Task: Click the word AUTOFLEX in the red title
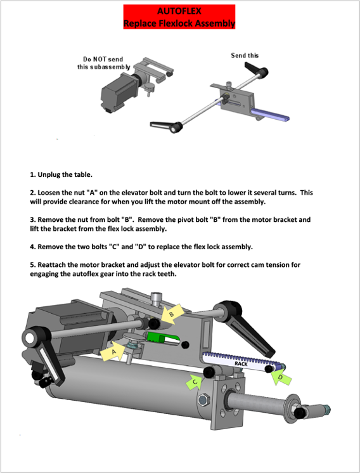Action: coord(179,11)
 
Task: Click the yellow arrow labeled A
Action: coord(113,351)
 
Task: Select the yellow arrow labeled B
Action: coord(172,314)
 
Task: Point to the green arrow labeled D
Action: coord(281,377)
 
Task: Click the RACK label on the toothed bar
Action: coord(241,364)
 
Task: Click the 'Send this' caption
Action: coord(245,56)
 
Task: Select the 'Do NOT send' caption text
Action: coord(103,59)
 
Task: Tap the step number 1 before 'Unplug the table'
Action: coord(32,174)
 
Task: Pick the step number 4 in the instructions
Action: coord(32,247)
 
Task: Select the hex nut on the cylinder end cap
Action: coord(203,400)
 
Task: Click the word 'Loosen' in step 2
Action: coord(49,193)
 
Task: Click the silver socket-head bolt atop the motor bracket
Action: coord(156,299)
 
